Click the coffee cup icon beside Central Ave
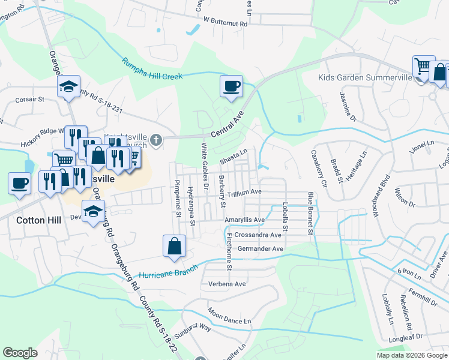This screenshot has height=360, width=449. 231,87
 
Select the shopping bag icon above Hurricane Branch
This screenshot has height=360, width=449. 174,246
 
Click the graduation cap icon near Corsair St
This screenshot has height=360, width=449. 69,87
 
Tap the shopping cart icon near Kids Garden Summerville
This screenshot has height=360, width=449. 423,65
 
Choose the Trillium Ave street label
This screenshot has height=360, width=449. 244,192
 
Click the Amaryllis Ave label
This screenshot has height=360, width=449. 244,220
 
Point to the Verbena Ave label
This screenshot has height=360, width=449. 227,284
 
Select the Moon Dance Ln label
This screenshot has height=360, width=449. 229,317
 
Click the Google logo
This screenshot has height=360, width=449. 20,353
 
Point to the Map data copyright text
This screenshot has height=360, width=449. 412,355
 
